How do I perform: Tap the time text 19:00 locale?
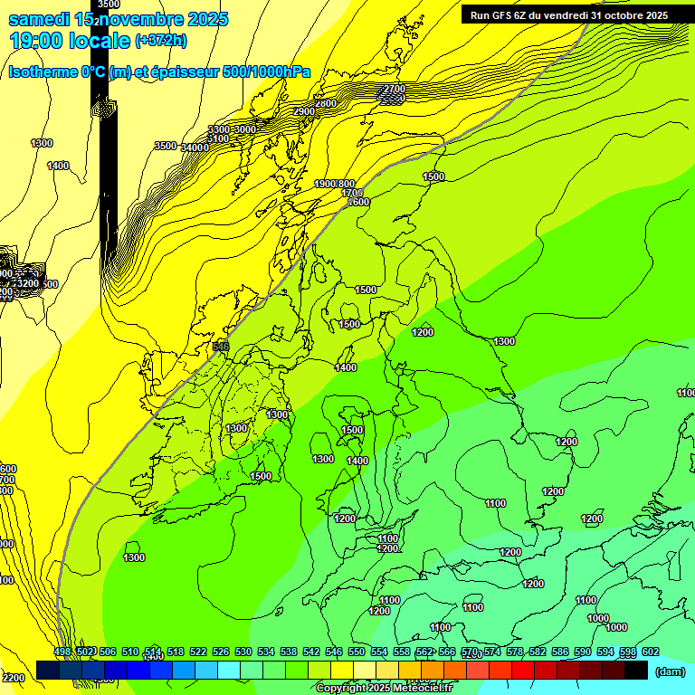coord(70,40)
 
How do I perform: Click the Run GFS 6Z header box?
coord(568,14)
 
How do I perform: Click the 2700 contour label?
coord(394,89)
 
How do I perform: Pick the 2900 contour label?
coord(304,110)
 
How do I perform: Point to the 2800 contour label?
coord(326,104)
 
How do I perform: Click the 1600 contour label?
coord(358,202)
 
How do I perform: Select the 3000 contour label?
coord(244,129)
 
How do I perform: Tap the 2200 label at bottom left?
coord(13,677)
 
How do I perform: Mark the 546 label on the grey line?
coord(221,347)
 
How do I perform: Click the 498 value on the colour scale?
coord(62,652)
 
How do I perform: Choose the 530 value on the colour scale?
coord(243,652)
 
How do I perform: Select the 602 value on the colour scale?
coord(650,652)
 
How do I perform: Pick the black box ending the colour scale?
coord(637,670)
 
